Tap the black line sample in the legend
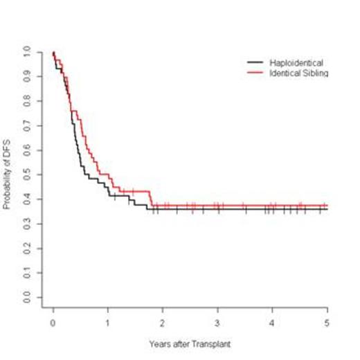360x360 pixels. (x=255, y=62)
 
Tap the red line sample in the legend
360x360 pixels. (x=255, y=72)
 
